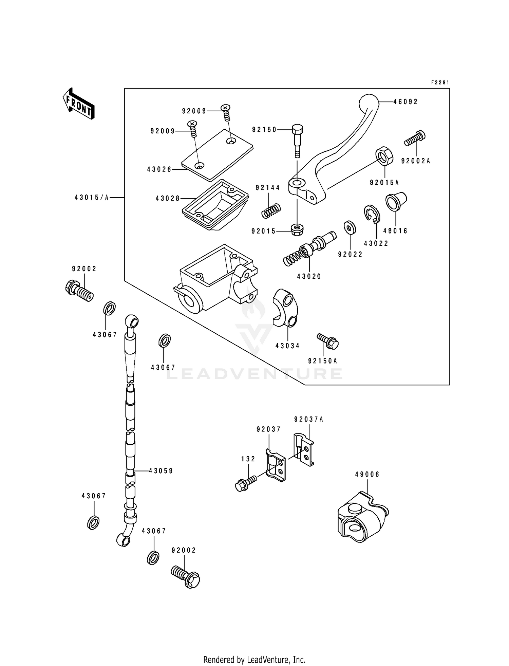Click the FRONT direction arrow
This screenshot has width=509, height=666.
(78, 104)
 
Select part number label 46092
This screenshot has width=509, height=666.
(406, 101)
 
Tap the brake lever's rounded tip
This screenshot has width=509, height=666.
(369, 101)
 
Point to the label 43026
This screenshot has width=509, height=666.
(159, 169)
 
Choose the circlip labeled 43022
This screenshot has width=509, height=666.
(373, 215)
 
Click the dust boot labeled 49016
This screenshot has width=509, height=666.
(396, 202)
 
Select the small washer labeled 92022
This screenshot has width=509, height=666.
(350, 227)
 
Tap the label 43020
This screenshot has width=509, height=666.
(309, 276)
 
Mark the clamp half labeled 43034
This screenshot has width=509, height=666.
(285, 308)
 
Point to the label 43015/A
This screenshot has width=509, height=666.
(92, 197)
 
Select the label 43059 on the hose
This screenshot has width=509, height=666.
(161, 471)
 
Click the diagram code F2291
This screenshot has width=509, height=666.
(440, 82)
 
